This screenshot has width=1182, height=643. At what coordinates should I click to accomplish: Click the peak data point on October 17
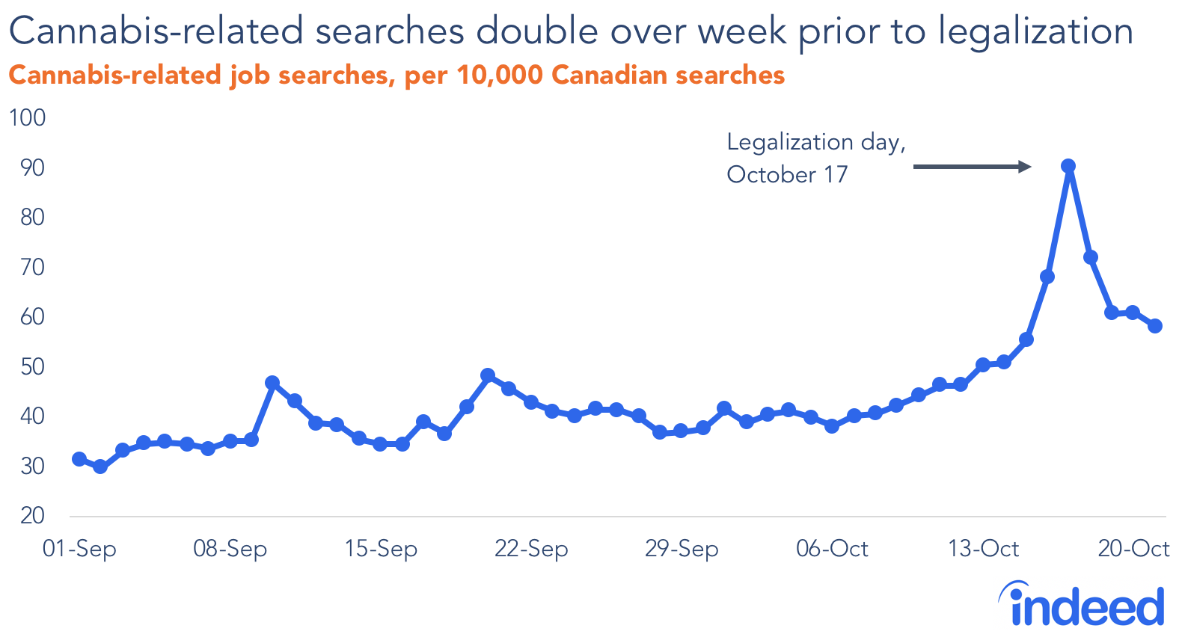pyautogui.click(x=1068, y=166)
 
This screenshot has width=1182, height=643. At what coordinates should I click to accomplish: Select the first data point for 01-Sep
pyautogui.click(x=79, y=459)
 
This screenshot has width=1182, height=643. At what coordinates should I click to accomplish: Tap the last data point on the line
pyautogui.click(x=1155, y=326)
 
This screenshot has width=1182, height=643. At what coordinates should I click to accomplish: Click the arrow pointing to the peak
pyautogui.click(x=973, y=167)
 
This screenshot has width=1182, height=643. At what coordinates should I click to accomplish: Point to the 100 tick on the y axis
pyautogui.click(x=27, y=118)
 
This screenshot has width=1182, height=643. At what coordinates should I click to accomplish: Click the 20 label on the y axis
pyautogui.click(x=31, y=516)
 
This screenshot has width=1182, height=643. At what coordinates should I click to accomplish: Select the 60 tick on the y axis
pyautogui.click(x=31, y=317)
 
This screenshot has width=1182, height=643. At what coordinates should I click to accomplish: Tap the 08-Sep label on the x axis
pyautogui.click(x=230, y=550)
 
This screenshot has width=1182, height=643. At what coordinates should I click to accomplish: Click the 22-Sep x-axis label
pyautogui.click(x=531, y=550)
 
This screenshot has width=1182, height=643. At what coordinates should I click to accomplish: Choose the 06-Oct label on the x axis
pyautogui.click(x=832, y=550)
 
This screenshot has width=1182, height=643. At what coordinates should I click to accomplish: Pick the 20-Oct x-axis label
pyautogui.click(x=1133, y=550)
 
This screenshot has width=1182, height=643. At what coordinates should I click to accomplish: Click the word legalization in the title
pyautogui.click(x=1035, y=31)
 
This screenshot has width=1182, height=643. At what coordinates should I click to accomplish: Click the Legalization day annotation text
pyautogui.click(x=815, y=142)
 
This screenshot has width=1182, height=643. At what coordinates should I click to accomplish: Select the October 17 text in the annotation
pyautogui.click(x=787, y=175)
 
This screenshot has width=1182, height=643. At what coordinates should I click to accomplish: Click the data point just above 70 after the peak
pyautogui.click(x=1091, y=257)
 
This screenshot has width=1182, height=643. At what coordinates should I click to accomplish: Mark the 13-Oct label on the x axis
pyautogui.click(x=983, y=550)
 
